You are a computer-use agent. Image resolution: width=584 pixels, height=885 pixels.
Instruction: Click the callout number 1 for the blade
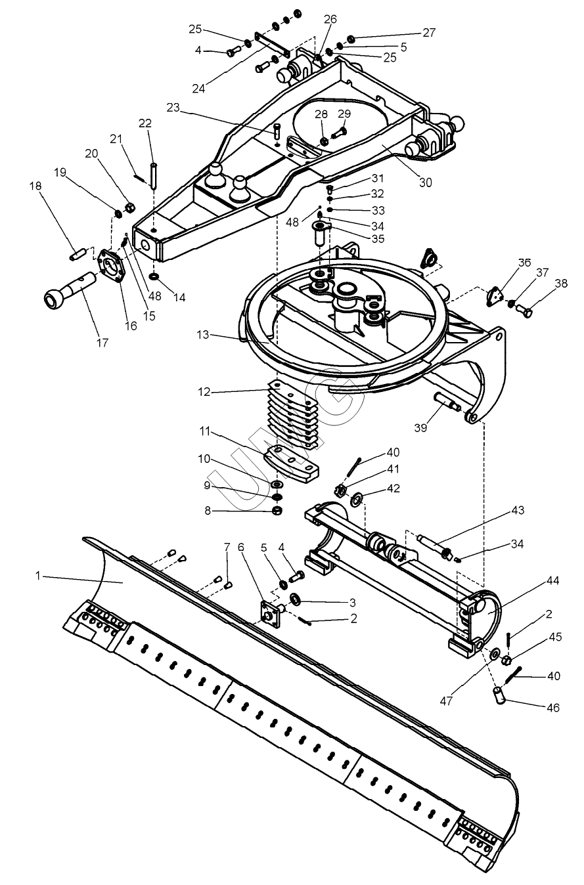point(38,576)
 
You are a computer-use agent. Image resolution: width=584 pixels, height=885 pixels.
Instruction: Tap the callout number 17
point(102,343)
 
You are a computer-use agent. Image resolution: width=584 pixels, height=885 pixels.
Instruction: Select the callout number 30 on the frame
point(426,183)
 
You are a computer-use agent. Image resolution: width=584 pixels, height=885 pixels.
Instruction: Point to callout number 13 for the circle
point(203,335)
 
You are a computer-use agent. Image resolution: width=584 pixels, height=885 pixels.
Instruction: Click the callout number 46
point(554,707)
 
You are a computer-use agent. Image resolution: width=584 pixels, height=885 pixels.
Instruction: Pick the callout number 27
point(429,32)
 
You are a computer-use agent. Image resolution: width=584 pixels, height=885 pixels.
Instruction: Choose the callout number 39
point(420,428)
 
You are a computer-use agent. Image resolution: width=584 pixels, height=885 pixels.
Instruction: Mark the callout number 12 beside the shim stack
point(205,393)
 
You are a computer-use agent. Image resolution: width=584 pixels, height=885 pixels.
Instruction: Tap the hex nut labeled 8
point(278,510)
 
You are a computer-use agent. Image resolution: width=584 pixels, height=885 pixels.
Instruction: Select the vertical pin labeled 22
point(154,175)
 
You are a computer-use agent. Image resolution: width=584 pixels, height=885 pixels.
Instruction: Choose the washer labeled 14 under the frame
point(154,275)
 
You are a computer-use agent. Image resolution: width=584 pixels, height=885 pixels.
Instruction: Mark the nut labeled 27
point(350,39)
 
